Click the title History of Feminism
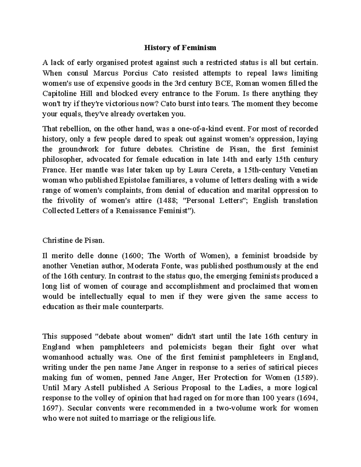click(180, 48)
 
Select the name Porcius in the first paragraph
click(132, 73)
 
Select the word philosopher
click(61, 160)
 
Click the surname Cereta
click(219, 170)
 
